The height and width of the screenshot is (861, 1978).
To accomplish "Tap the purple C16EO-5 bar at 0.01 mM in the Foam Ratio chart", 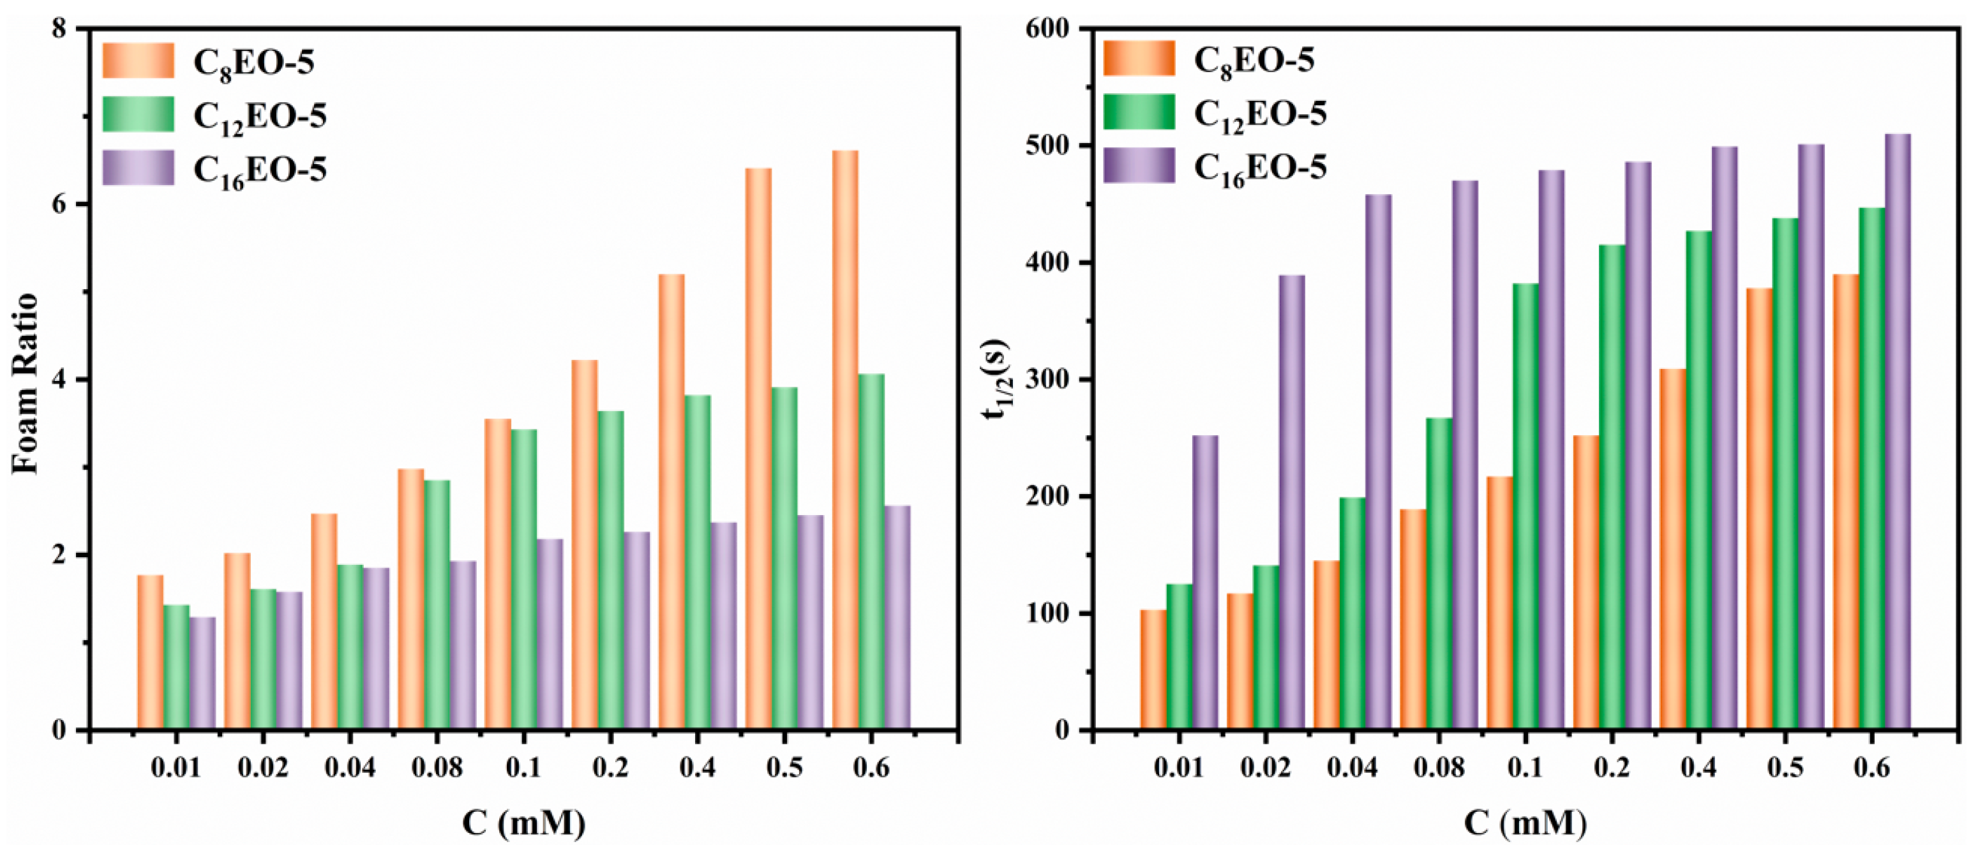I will (202, 673).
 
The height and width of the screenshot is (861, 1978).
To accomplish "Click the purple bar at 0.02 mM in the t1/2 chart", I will (1291, 502).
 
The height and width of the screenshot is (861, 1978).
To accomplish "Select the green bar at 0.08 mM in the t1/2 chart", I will (1439, 574).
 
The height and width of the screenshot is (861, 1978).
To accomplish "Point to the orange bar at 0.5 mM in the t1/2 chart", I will (1758, 509).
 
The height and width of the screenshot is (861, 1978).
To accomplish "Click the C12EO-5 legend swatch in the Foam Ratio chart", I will (139, 114).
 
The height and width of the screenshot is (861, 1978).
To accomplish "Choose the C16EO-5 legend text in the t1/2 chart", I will (1259, 168).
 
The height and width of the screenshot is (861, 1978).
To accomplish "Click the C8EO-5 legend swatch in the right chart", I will (1139, 59).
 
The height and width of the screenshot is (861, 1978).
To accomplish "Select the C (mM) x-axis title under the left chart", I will (523, 823).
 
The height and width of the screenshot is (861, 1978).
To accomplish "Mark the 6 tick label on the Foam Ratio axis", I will (60, 204).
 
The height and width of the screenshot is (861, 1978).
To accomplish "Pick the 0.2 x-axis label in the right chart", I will (1611, 767).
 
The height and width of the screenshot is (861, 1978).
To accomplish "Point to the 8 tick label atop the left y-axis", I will (60, 29).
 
